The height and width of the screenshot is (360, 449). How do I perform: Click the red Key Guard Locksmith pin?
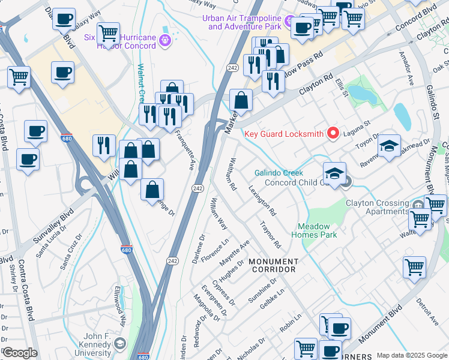pyautogui.click(x=333, y=133)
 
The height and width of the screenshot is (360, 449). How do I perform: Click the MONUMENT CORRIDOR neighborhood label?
pyautogui.click(x=273, y=266)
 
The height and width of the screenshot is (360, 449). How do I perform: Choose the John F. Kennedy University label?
pyautogui.click(x=88, y=343)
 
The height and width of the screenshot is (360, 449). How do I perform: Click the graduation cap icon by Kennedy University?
pyautogui.click(x=119, y=344)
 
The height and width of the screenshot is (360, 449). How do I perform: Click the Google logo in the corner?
pyautogui.click(x=20, y=353)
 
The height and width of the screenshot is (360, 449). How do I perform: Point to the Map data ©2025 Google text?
pyautogui.click(x=412, y=355)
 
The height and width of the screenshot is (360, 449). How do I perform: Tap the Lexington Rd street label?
pyautogui.click(x=262, y=200)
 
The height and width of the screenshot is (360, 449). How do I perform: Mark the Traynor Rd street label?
pyautogui.click(x=270, y=235)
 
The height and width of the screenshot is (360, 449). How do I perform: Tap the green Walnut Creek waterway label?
pyautogui.click(x=142, y=84)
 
